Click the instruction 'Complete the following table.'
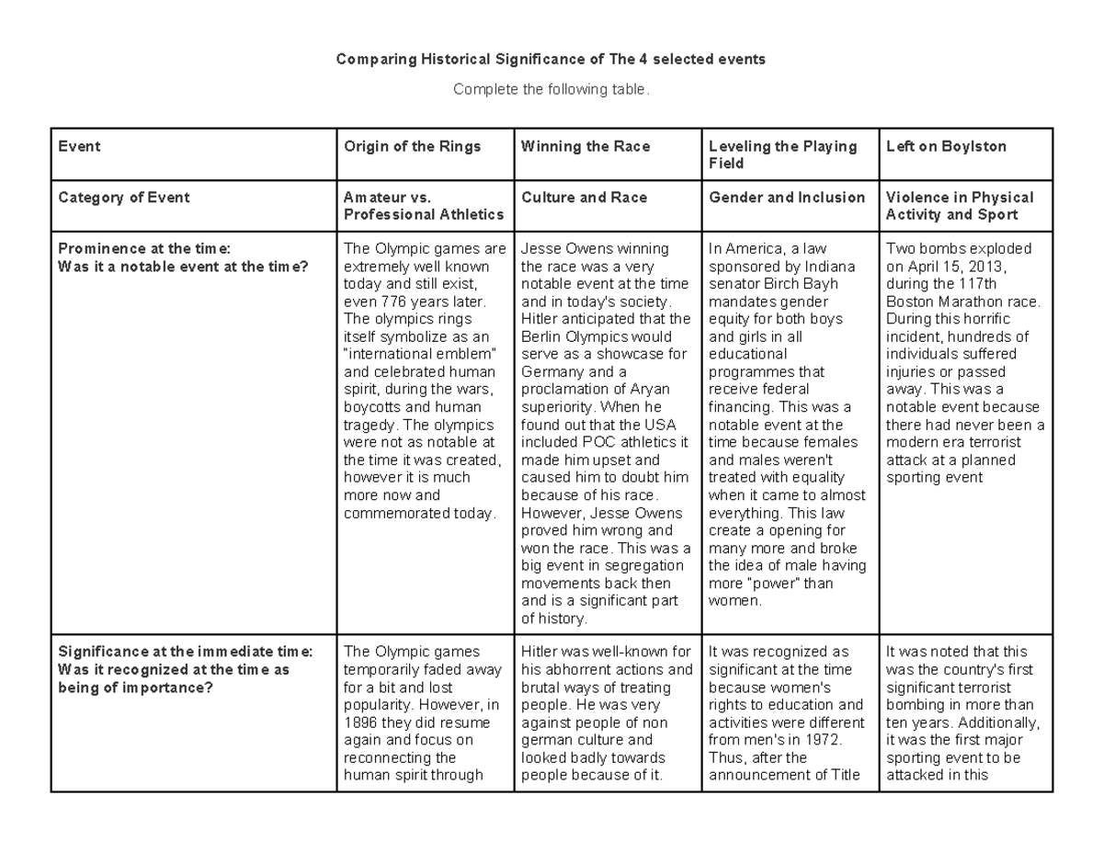click(x=551, y=89)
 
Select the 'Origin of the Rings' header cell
click(x=412, y=146)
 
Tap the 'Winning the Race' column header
click(x=585, y=146)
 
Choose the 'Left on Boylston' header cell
click(x=946, y=146)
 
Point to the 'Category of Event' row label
click(x=123, y=198)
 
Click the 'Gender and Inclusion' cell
click(x=787, y=198)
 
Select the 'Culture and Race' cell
click(x=584, y=198)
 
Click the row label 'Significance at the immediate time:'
click(x=185, y=652)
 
